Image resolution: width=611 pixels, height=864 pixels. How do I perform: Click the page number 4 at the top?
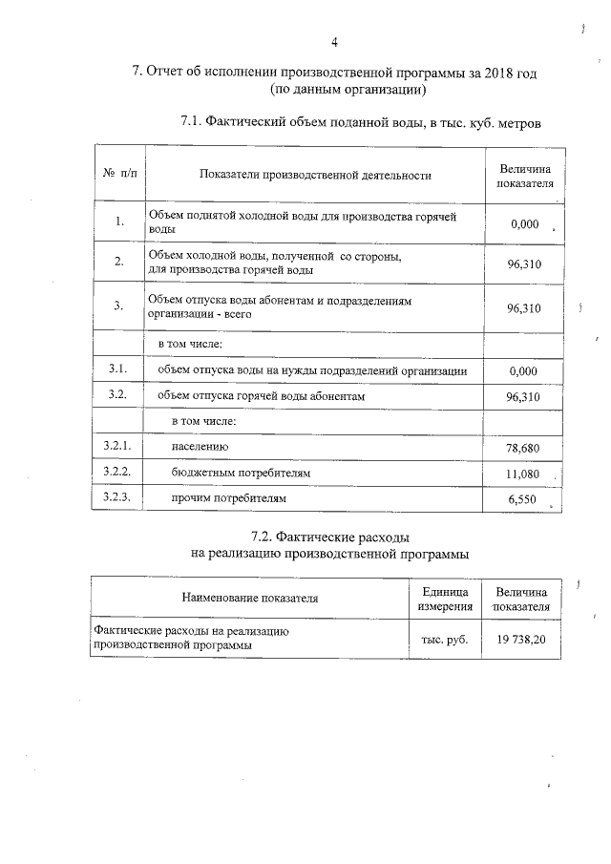click(334, 42)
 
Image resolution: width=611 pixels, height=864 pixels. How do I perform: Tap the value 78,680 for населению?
click(524, 448)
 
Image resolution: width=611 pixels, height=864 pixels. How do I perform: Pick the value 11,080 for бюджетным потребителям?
click(524, 474)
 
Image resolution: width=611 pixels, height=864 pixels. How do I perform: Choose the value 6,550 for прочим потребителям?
click(524, 499)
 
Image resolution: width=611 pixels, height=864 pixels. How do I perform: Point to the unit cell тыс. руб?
click(444, 639)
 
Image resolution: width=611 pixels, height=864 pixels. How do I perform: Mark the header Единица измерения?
click(445, 599)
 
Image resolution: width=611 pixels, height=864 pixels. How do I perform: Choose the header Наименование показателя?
click(250, 599)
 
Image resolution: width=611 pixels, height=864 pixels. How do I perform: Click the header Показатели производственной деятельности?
click(315, 175)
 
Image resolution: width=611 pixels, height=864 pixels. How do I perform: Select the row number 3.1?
click(118, 369)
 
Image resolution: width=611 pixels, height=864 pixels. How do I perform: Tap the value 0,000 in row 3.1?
click(524, 370)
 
